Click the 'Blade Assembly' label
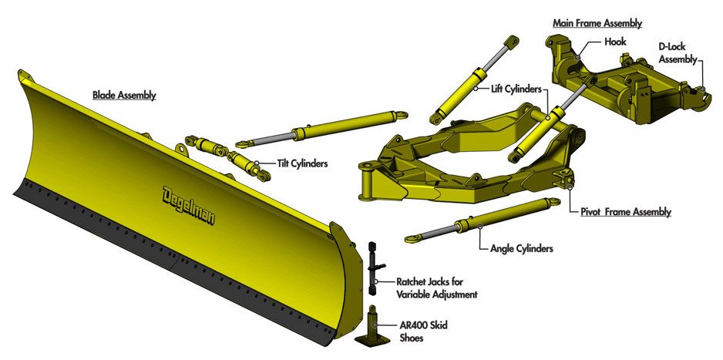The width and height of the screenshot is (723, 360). [124, 96]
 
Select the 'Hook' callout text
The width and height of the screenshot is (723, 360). [615, 42]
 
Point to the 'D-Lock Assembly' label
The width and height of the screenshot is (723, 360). [678, 52]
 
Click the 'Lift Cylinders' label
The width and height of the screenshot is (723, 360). [516, 89]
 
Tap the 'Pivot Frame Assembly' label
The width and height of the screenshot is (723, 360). [625, 211]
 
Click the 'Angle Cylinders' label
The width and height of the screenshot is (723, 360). [521, 249]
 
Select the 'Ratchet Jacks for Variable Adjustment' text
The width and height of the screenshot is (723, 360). [436, 288]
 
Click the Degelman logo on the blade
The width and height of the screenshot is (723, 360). [189, 204]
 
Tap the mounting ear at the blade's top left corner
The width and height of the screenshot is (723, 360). [23, 76]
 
